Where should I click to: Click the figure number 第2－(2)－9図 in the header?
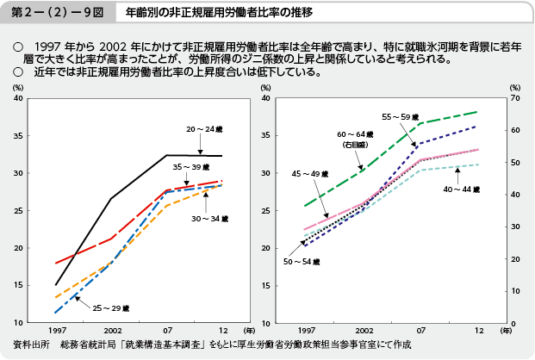[x=47, y=14]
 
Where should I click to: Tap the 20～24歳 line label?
[x=205, y=129]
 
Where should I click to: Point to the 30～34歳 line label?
[x=210, y=220]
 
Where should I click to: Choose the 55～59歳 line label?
[x=401, y=115]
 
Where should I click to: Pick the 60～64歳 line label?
[x=354, y=135]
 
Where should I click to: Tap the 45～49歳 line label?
[x=311, y=175]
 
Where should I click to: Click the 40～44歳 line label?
[x=462, y=189]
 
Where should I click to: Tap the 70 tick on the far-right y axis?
[x=515, y=99]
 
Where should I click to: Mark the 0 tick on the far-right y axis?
[x=513, y=323]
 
